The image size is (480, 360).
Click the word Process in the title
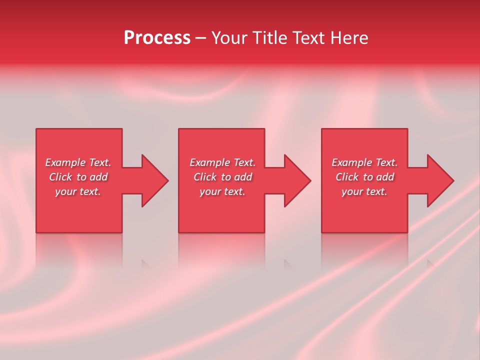click(x=157, y=38)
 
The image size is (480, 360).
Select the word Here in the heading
click(x=349, y=38)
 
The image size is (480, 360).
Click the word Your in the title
click(x=230, y=38)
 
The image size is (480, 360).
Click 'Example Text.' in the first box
click(x=78, y=162)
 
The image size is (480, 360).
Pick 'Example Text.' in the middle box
click(x=222, y=162)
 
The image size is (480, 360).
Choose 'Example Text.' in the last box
click(x=364, y=162)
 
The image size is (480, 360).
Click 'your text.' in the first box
click(x=78, y=191)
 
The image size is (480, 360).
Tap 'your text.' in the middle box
click(x=222, y=191)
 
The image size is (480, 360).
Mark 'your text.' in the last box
click(x=364, y=191)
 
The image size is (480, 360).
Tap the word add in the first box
click(x=98, y=177)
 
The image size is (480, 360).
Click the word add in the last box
click(x=385, y=177)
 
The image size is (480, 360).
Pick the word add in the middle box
click(x=243, y=177)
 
